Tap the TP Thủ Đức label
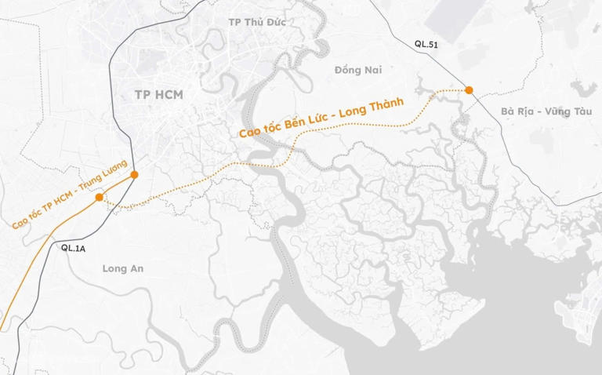pos(254,21)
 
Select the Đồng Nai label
pos(358,70)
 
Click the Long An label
pos(124,268)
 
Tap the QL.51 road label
pos(426,45)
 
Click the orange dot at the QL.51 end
pos(469,90)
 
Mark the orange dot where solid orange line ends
pos(135,174)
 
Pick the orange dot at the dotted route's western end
pos(99,198)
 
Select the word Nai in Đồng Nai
pos(373,70)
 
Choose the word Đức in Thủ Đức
pos(274,21)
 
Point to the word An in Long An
pos(137,268)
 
